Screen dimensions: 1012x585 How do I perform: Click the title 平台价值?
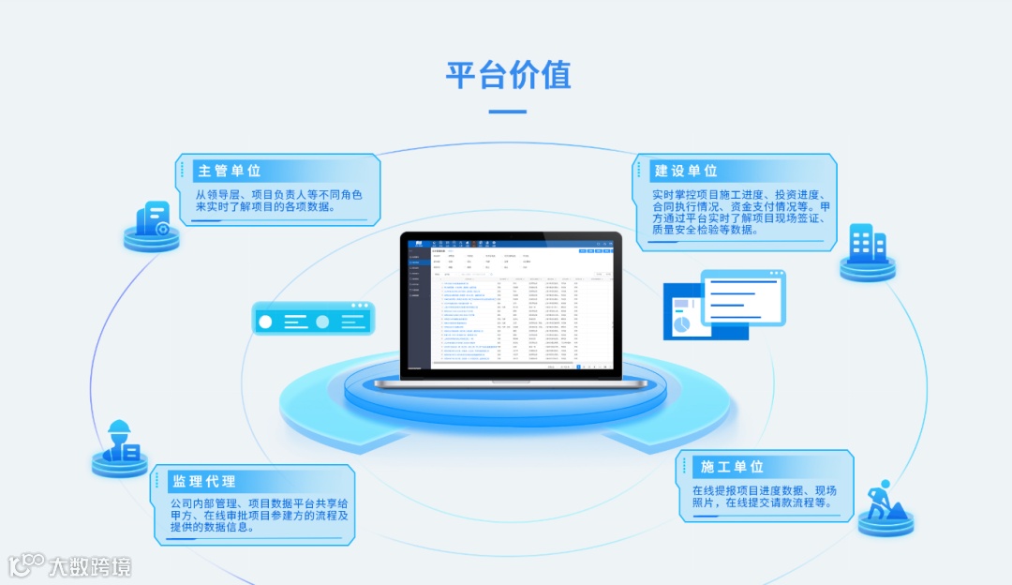click(507, 75)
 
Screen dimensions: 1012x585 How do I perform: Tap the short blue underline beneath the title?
click(507, 112)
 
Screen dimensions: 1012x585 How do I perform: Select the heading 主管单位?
click(229, 171)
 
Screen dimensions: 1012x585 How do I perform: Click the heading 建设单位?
click(686, 171)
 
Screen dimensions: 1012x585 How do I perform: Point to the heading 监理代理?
click(203, 481)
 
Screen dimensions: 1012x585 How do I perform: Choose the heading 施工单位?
click(732, 466)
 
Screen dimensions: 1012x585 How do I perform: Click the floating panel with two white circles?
click(313, 320)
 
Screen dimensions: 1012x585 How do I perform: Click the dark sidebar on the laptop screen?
click(418, 305)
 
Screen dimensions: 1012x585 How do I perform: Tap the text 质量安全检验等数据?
click(704, 229)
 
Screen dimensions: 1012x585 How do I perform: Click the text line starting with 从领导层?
click(278, 195)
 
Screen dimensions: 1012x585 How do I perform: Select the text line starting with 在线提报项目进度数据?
click(765, 490)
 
